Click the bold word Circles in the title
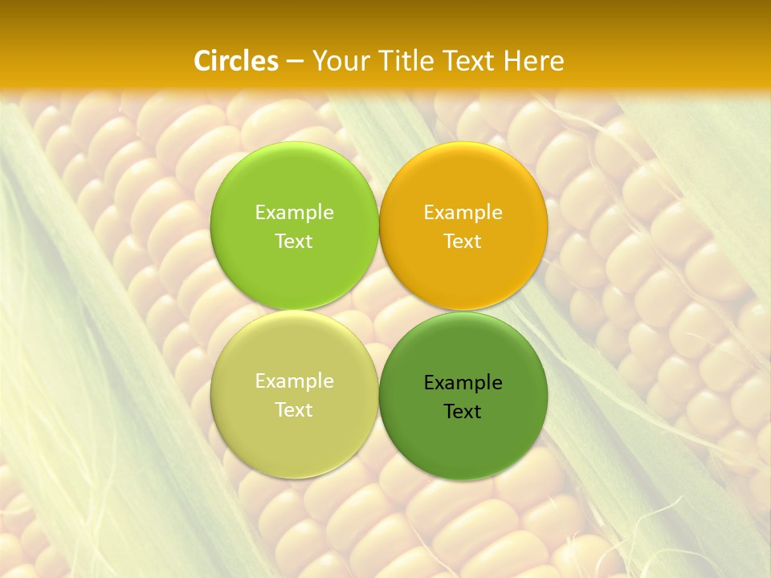tap(236, 61)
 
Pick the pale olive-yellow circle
tap(295, 438)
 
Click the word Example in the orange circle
tap(463, 213)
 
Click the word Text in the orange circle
tap(463, 242)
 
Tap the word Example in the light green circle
tap(294, 213)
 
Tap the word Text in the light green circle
tap(294, 242)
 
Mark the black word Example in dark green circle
tap(463, 383)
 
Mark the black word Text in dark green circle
tap(463, 412)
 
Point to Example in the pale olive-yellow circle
tap(294, 381)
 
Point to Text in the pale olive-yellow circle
tap(294, 410)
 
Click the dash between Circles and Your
tap(294, 61)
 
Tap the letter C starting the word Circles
tap(202, 61)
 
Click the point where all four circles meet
tap(379, 311)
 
